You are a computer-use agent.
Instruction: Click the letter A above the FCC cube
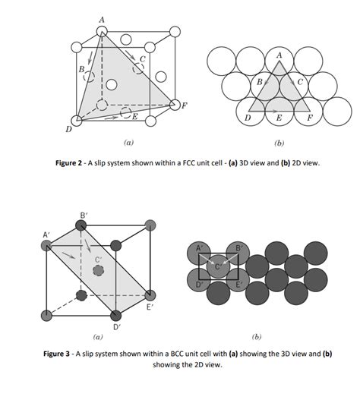point(102,20)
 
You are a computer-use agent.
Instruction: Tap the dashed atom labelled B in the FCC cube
point(89,77)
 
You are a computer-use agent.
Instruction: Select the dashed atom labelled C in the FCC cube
point(138,68)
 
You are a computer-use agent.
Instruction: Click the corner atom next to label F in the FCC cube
point(175,105)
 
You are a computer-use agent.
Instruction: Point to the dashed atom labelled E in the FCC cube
point(126,112)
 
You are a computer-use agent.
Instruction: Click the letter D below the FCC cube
point(68,129)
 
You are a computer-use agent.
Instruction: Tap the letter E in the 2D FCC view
point(279,118)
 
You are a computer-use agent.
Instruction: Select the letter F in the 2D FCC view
point(310,118)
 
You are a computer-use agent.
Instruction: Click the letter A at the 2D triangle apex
point(279,55)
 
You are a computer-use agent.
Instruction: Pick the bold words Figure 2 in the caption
point(68,163)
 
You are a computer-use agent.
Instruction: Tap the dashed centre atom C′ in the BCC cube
point(98,270)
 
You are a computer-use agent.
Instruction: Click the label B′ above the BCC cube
point(84,216)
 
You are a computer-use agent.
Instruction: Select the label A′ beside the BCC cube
point(46,234)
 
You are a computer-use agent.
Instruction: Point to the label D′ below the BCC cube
point(117,327)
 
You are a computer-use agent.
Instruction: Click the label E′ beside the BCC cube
point(150,307)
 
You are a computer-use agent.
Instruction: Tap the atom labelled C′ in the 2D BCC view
point(218,266)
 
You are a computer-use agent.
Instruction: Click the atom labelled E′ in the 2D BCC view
point(238,280)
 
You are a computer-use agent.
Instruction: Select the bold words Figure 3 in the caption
point(56,354)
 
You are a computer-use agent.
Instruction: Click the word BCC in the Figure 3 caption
point(177,354)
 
